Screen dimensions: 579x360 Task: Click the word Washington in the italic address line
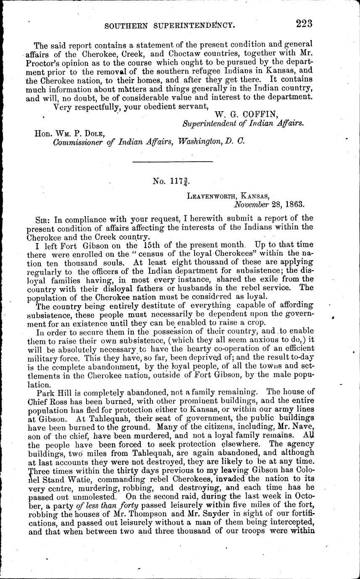tap(199, 143)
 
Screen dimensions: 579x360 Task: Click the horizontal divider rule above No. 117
tap(172, 162)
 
